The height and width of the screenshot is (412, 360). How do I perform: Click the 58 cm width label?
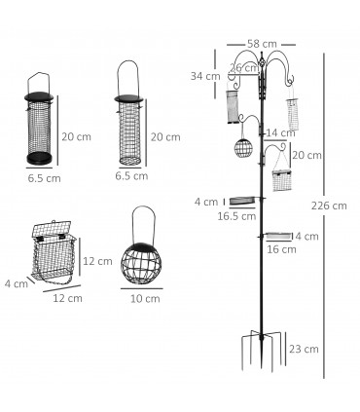(262, 44)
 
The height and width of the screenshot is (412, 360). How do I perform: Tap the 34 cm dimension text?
(205, 76)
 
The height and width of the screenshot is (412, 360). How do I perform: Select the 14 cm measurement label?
(281, 132)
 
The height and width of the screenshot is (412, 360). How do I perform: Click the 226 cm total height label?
(334, 206)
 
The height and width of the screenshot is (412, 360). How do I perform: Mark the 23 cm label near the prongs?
(305, 349)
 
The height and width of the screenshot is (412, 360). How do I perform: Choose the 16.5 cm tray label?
(236, 216)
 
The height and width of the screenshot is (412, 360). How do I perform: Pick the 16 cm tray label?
(280, 249)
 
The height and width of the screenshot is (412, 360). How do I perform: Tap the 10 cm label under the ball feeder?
(145, 298)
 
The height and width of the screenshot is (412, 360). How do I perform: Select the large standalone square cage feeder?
(54, 255)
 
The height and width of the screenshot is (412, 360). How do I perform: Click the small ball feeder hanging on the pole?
(242, 151)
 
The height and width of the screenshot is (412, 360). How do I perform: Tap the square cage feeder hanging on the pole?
(282, 179)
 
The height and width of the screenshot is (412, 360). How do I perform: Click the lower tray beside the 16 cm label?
(279, 236)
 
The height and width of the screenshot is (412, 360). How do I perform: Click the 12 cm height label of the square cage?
(97, 261)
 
